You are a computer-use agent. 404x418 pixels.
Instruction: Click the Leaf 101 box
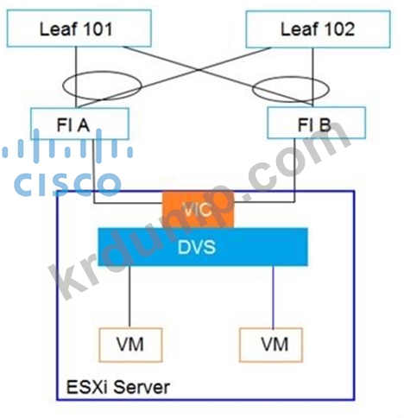[79, 28]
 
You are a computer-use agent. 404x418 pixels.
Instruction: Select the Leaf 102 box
[318, 29]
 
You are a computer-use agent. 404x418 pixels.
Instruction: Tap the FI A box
[79, 123]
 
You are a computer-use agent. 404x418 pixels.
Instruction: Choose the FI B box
[316, 123]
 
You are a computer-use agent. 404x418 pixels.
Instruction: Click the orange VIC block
[198, 210]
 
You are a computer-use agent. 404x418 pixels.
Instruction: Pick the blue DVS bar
[203, 247]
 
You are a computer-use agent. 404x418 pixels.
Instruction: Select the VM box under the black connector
[130, 345]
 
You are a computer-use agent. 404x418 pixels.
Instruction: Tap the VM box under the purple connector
[271, 345]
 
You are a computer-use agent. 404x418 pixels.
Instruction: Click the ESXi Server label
[118, 387]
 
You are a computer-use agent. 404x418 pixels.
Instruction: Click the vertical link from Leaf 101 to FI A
[76, 78]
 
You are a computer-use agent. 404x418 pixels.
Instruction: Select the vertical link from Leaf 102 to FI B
[312, 78]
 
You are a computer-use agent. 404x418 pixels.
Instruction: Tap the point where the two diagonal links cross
[199, 69]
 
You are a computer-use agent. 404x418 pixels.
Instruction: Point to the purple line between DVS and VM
[273, 297]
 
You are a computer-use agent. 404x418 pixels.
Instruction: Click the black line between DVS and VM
[129, 297]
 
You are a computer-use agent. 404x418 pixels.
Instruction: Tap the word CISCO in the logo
[67, 184]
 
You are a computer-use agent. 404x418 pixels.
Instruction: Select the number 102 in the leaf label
[339, 29]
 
